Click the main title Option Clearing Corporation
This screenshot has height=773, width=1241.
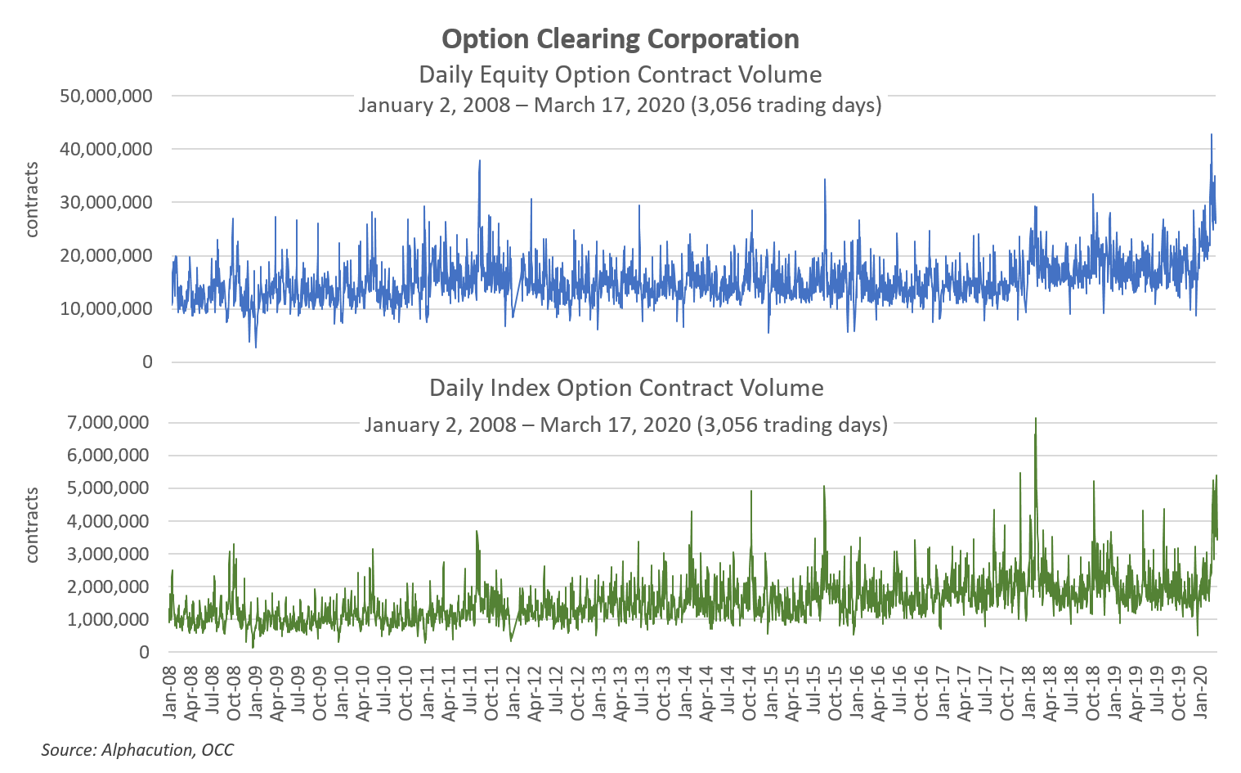point(620,39)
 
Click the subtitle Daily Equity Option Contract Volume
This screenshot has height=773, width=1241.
point(620,74)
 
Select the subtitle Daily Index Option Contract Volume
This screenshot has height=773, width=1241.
point(626,388)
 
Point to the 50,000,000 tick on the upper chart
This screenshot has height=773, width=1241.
point(106,97)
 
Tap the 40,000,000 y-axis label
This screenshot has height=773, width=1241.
point(106,150)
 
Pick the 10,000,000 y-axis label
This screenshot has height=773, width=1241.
point(106,309)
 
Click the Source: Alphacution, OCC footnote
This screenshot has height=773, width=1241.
point(137,750)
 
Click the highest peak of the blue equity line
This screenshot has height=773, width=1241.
point(1211,135)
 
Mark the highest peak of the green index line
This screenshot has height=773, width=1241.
point(1036,419)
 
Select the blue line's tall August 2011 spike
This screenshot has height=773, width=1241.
point(480,161)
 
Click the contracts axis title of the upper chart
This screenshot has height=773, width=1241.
point(32,200)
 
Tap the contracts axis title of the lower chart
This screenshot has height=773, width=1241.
point(32,525)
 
